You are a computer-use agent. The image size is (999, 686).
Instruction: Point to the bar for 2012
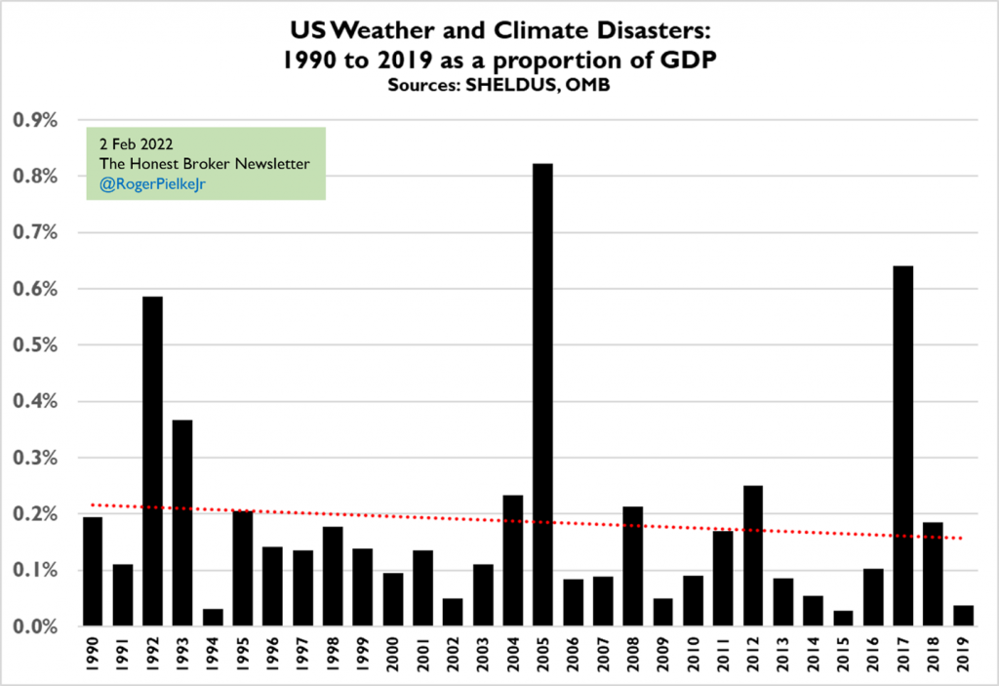pos(753,555)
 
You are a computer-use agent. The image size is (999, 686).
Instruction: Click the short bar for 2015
pos(844,618)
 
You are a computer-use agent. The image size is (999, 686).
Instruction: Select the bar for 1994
pos(213,617)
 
